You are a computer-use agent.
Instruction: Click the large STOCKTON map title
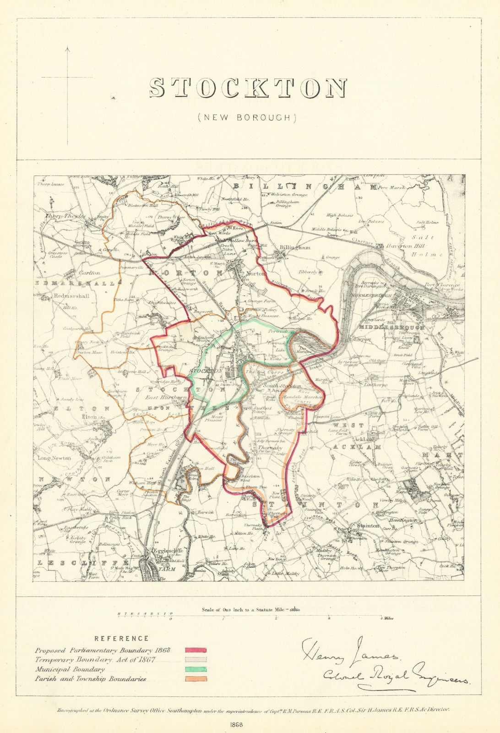click(248, 88)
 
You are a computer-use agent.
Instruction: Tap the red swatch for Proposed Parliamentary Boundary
click(196, 650)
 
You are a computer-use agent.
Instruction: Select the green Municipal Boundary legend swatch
click(196, 669)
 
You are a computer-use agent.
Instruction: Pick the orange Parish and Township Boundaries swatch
click(196, 679)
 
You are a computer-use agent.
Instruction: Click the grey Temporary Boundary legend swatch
click(196, 659)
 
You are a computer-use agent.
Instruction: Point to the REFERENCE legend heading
click(121, 638)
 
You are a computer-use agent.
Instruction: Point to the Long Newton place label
click(54, 458)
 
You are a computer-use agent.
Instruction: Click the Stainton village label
click(369, 526)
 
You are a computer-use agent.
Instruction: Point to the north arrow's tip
click(67, 47)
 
